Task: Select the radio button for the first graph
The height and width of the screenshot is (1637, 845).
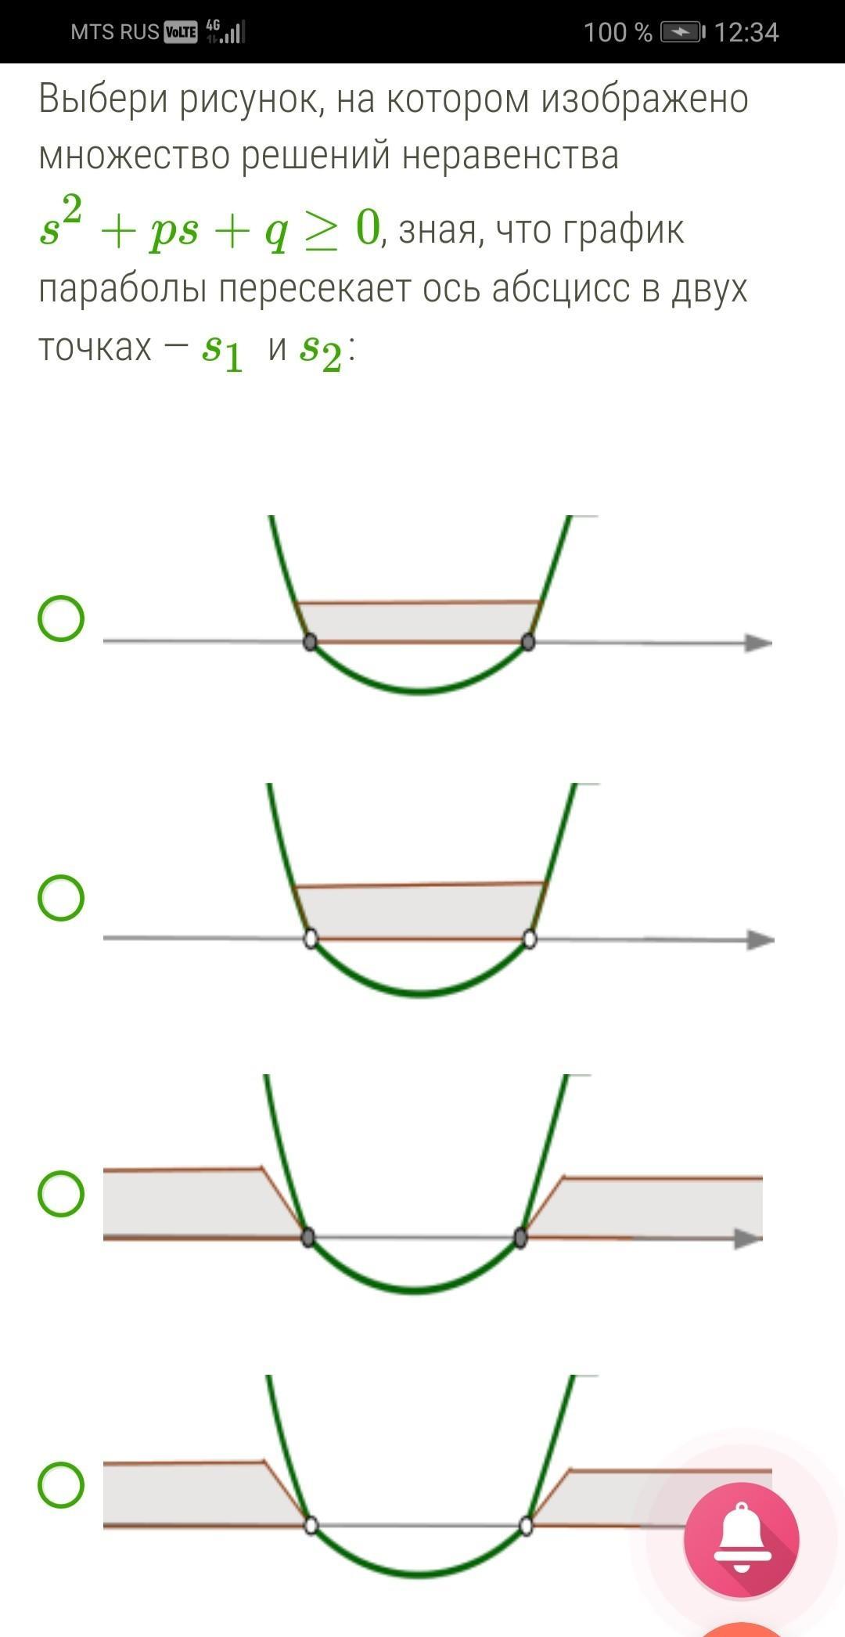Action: [x=61, y=619]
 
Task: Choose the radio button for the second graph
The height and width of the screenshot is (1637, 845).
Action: [x=61, y=897]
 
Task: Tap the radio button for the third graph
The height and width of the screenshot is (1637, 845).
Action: [x=61, y=1193]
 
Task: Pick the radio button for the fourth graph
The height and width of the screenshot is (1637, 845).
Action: [x=61, y=1484]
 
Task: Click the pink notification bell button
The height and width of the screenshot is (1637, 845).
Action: [x=741, y=1539]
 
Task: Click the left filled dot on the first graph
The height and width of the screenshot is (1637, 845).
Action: [x=310, y=643]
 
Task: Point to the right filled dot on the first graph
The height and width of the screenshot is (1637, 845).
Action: [x=528, y=643]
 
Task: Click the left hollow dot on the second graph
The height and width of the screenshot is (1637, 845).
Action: [x=311, y=939]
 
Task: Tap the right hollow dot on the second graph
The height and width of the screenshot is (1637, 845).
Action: [x=530, y=939]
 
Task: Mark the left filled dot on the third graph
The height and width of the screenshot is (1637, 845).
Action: [x=308, y=1238]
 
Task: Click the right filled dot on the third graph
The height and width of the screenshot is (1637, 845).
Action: [x=520, y=1238]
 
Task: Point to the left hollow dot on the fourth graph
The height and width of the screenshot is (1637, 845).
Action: [x=311, y=1526]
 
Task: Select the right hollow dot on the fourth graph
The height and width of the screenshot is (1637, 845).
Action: [x=527, y=1526]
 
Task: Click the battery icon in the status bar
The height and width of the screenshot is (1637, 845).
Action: [x=683, y=32]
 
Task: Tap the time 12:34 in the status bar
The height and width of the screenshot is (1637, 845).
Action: [x=746, y=32]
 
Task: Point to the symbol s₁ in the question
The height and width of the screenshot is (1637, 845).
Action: [x=222, y=350]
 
